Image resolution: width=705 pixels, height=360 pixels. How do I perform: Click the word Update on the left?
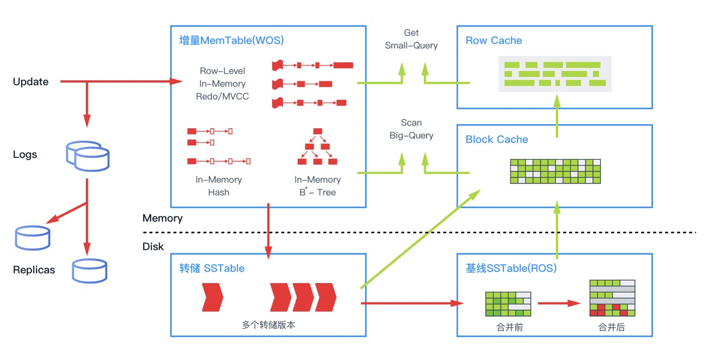pyautogui.click(x=31, y=82)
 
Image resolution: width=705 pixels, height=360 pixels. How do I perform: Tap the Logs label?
pyautogui.click(x=25, y=154)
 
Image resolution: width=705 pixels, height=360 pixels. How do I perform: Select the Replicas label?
pyautogui.click(x=34, y=270)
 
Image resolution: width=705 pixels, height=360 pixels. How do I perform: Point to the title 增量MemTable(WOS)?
pyautogui.click(x=231, y=40)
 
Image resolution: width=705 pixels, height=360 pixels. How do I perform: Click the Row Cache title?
pyautogui.click(x=493, y=40)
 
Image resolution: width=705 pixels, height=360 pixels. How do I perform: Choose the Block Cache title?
pyautogui.click(x=497, y=140)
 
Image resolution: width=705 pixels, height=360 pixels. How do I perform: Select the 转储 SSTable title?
pyautogui.click(x=212, y=268)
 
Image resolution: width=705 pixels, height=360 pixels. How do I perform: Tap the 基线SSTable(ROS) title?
pyautogui.click(x=511, y=268)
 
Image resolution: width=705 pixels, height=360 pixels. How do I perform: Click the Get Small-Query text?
pyautogui.click(x=411, y=39)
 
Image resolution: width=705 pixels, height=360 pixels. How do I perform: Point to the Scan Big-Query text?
pyautogui.click(x=411, y=129)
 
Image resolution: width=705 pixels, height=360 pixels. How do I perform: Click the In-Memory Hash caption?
pyautogui.click(x=219, y=186)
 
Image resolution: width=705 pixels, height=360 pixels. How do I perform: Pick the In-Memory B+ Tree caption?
pyautogui.click(x=318, y=186)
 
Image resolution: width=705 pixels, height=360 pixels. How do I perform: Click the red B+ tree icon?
pyautogui.click(x=318, y=146)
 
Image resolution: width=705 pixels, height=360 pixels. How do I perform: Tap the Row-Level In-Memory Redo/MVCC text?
pyautogui.click(x=222, y=84)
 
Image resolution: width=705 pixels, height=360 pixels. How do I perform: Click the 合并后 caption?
pyautogui.click(x=612, y=328)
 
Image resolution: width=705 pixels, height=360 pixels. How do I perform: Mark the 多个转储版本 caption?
pyautogui.click(x=269, y=325)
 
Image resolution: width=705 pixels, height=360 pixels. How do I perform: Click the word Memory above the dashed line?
pyautogui.click(x=162, y=218)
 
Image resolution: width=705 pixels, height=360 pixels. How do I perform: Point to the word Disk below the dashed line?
pyautogui.click(x=153, y=246)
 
